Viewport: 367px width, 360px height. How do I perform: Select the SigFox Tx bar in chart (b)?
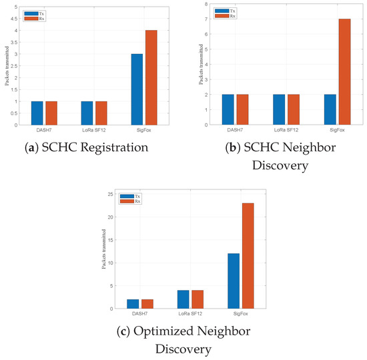point(330,109)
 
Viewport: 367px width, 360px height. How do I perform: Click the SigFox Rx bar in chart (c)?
point(247,256)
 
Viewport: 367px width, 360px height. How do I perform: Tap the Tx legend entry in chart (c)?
point(128,195)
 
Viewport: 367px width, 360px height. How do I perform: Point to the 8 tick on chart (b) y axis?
point(209,6)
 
